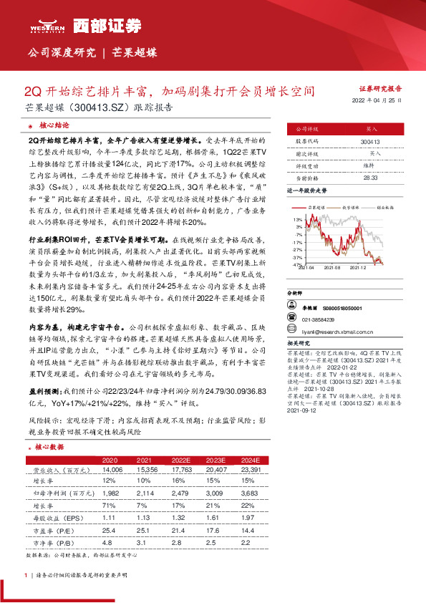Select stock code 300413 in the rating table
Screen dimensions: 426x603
point(370,143)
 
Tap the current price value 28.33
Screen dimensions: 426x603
point(370,177)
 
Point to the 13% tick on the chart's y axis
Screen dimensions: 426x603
point(296,218)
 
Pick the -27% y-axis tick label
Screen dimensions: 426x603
point(296,249)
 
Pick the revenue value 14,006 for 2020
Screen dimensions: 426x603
point(111,469)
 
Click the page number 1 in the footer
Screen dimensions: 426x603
point(26,574)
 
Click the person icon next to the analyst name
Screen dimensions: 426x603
point(291,307)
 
